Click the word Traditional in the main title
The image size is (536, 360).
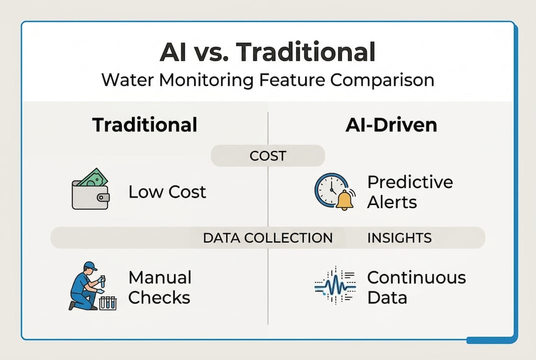(306, 52)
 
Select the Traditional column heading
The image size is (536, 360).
(144, 124)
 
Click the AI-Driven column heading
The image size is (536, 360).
(391, 125)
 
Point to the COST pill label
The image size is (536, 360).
(268, 156)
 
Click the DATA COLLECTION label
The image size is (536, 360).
(268, 238)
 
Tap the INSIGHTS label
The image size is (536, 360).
(399, 238)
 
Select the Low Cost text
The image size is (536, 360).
(167, 192)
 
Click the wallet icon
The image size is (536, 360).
(90, 189)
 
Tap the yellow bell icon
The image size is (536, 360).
(345, 200)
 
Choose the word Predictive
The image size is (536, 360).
(410, 182)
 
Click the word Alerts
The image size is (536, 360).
(392, 202)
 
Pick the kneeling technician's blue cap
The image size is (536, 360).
(90, 266)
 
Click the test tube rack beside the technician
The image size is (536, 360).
(108, 303)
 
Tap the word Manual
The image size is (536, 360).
(160, 277)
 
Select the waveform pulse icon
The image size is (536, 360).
(335, 285)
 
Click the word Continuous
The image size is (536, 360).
(416, 277)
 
